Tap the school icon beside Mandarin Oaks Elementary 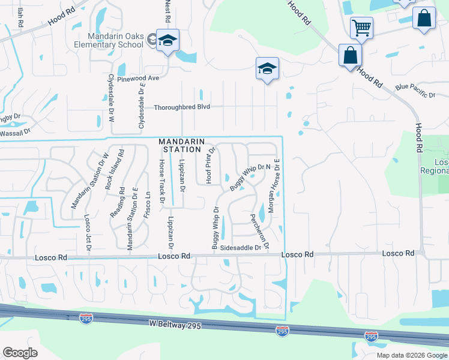168,40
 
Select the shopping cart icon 361,27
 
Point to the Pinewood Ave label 138,78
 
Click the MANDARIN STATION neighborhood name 179,145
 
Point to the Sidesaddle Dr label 241,247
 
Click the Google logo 20,353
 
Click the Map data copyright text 412,355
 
